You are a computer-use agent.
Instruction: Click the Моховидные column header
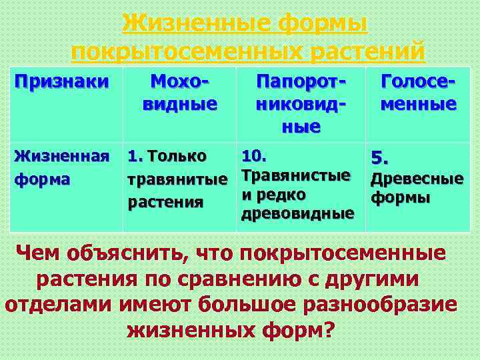(x=179, y=93)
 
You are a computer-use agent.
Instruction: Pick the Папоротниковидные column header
(x=302, y=103)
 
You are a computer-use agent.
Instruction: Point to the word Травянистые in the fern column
(x=296, y=175)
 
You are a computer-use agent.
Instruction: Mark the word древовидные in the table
(x=298, y=214)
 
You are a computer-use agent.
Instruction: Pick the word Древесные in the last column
(x=417, y=179)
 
